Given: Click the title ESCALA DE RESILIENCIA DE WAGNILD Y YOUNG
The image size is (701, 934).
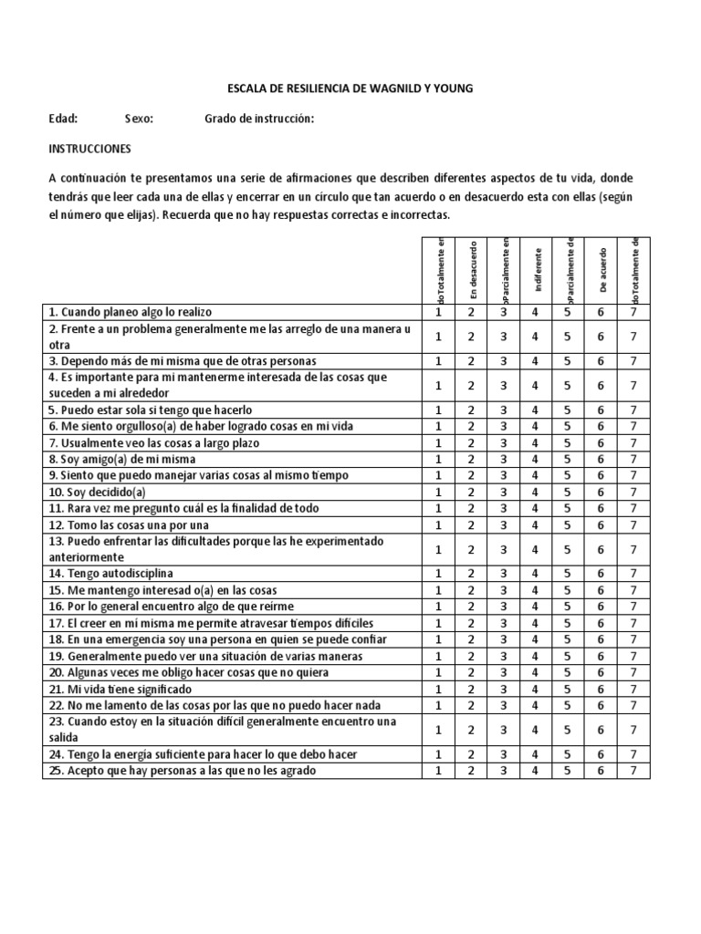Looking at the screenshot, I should coord(350,88).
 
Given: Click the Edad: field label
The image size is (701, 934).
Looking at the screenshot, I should coord(63,119).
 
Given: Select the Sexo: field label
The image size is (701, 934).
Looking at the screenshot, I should coord(140,119).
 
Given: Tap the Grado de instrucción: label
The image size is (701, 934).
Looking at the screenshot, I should coord(259,119).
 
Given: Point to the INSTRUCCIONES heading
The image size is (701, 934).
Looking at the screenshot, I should coord(89,148).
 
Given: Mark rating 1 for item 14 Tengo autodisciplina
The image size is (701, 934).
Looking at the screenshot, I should coord(438,574).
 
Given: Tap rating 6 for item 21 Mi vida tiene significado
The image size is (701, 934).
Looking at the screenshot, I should coord(601,689).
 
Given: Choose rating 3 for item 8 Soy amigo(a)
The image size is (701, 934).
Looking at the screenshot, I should coord(503,460).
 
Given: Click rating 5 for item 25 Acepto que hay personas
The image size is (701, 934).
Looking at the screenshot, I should coord(568,771).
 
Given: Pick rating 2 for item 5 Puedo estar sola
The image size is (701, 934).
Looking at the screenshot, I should coord(471,410).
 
